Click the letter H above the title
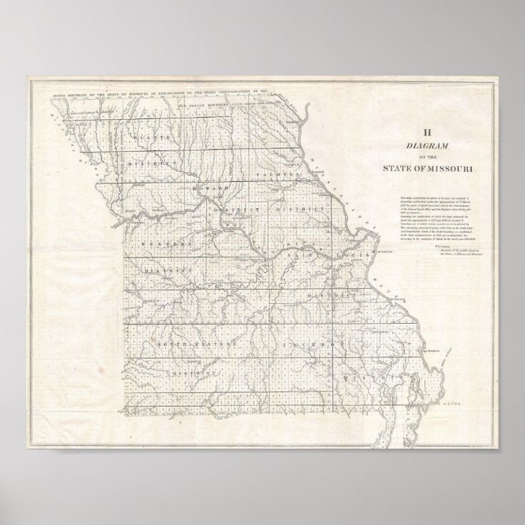[428, 132]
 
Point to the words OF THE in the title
[428, 157]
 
